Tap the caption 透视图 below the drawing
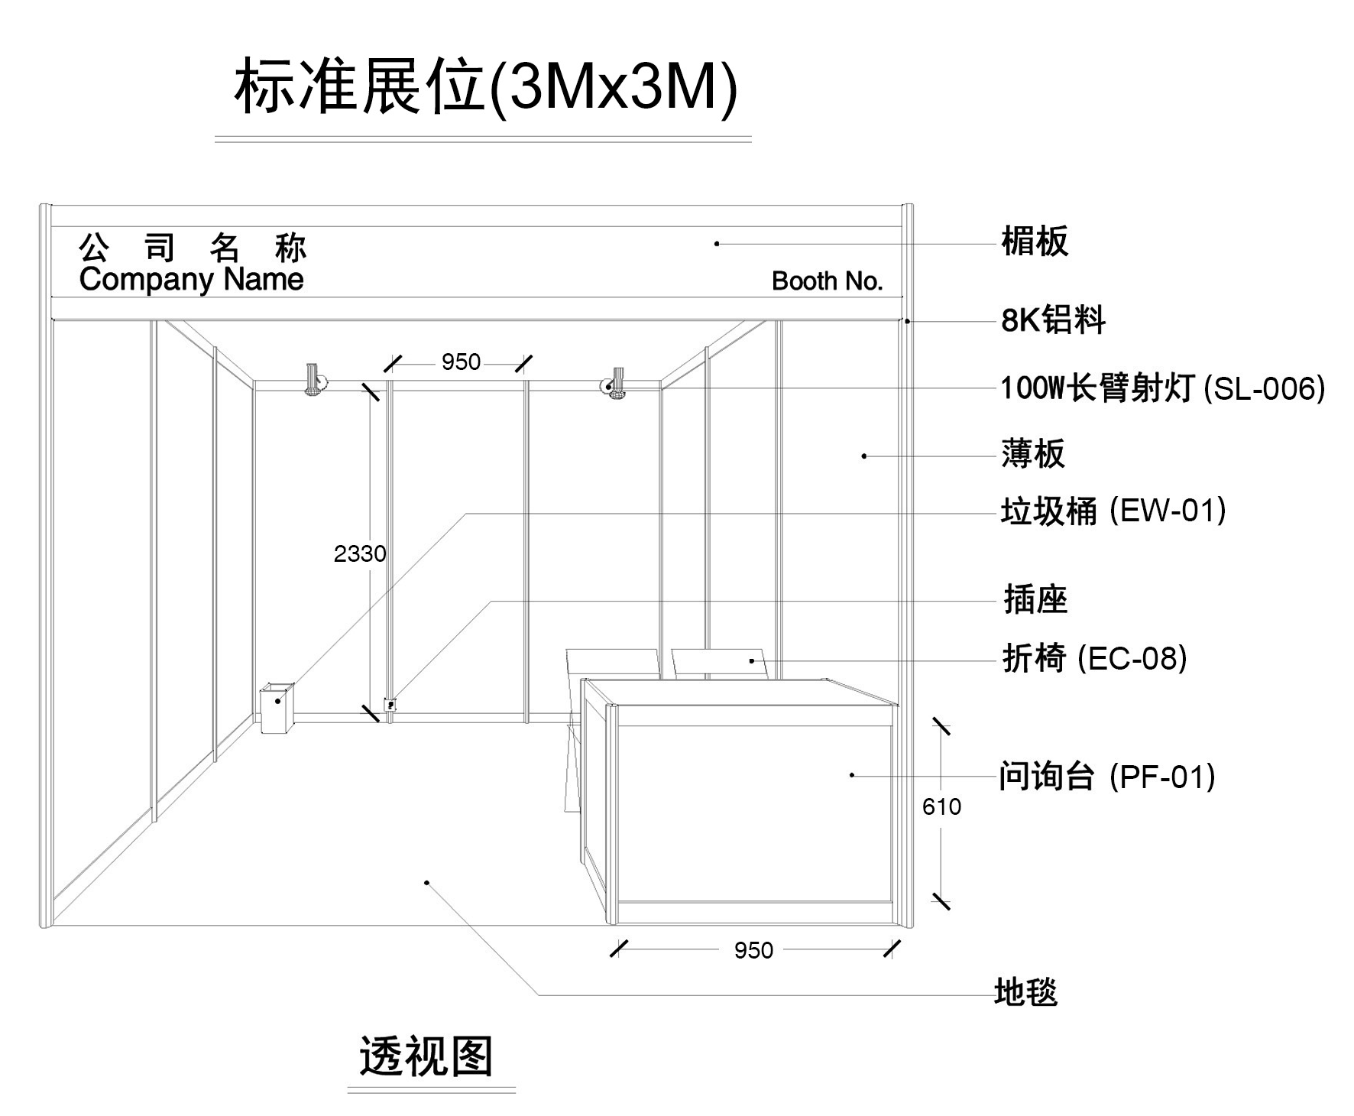click(x=426, y=1056)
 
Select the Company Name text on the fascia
click(x=191, y=280)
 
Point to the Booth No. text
click(x=827, y=281)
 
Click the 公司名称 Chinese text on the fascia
click(x=193, y=248)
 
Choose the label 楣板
click(x=1035, y=242)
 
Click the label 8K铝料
click(x=1053, y=320)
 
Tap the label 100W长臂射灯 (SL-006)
click(x=1161, y=388)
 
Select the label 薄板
click(x=1032, y=453)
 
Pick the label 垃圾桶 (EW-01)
click(x=1113, y=511)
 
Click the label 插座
click(x=1035, y=599)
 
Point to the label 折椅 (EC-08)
click(x=1094, y=658)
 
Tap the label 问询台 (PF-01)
click(x=1106, y=777)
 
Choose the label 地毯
click(x=1025, y=992)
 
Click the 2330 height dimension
click(x=360, y=553)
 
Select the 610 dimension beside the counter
click(x=941, y=806)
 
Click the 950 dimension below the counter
click(x=753, y=950)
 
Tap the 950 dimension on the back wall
click(x=461, y=362)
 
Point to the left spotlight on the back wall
click(x=314, y=381)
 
